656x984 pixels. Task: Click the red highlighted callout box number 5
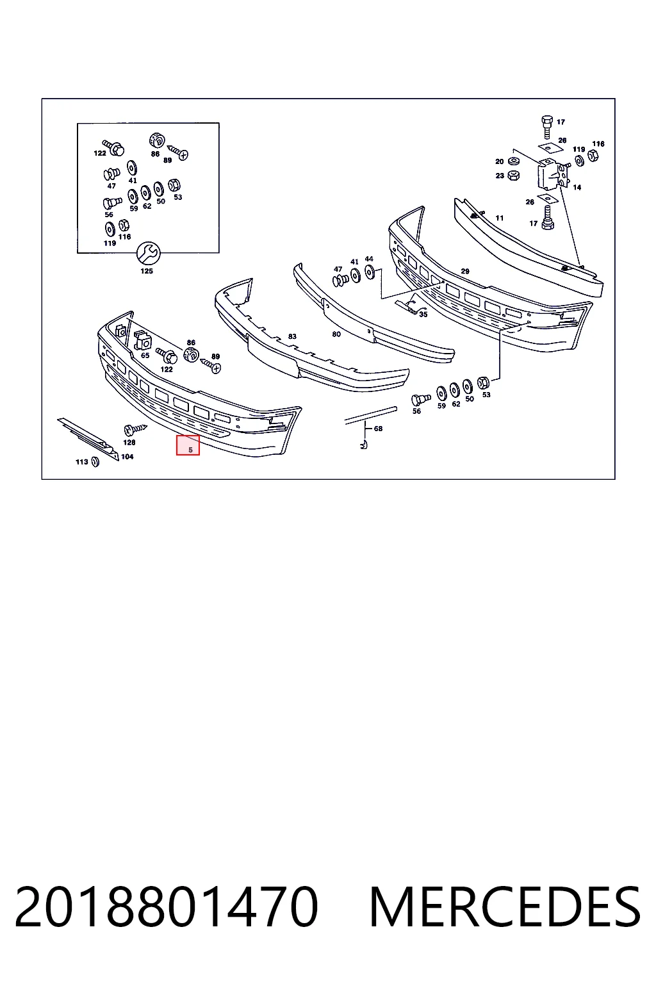coord(188,445)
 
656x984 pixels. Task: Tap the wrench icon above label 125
coord(148,254)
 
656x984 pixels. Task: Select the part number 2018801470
coord(166,906)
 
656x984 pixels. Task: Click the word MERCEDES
coord(505,906)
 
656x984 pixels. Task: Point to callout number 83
coord(292,336)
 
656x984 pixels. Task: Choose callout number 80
coord(336,334)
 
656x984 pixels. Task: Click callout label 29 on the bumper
coord(465,272)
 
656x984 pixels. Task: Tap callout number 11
coord(500,218)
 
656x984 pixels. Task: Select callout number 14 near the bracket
coord(577,188)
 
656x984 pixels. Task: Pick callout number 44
coord(369,259)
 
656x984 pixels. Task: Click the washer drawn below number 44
coord(370,272)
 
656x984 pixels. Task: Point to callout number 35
coord(423,315)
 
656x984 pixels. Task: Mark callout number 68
coord(379,429)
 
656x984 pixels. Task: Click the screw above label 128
coord(136,429)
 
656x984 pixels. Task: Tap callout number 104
coord(127,457)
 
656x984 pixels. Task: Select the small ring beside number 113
coord(95,462)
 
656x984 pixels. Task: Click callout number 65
coord(145,356)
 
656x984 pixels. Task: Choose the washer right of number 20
coord(512,161)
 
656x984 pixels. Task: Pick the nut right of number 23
coord(512,176)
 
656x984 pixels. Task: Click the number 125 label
coord(147,272)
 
